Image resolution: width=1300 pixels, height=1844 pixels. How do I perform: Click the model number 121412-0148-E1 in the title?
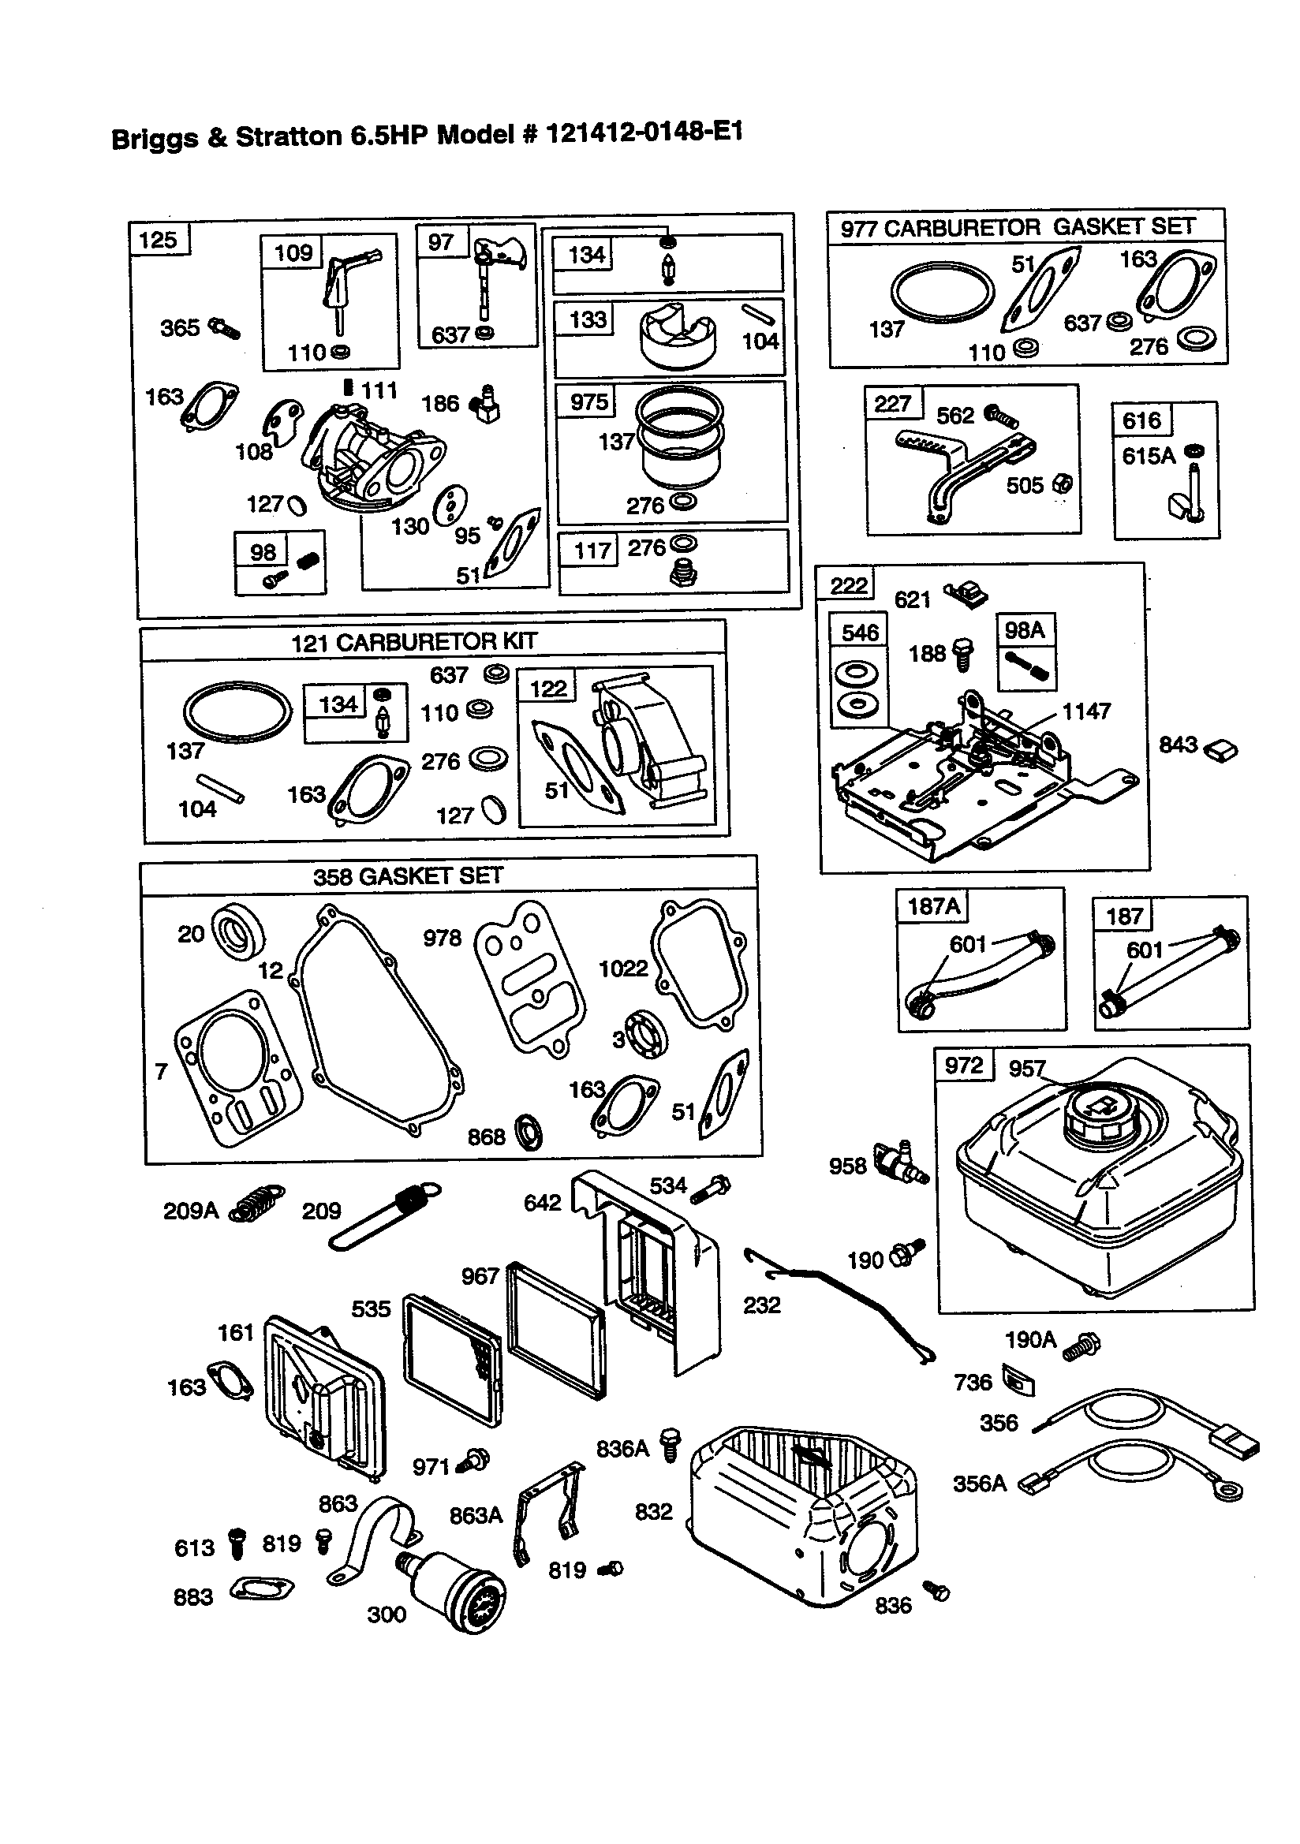pyautogui.click(x=644, y=132)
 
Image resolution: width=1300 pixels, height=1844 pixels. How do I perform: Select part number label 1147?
pyautogui.click(x=1086, y=711)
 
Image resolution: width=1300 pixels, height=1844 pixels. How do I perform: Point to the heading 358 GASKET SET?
pyautogui.click(x=407, y=875)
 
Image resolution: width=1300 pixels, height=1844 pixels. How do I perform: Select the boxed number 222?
pyautogui.click(x=849, y=584)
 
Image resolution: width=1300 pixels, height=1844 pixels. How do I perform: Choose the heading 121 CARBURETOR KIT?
pyautogui.click(x=413, y=642)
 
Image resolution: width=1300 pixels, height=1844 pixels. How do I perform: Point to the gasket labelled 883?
pyautogui.click(x=262, y=1589)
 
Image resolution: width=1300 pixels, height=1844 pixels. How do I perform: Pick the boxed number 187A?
pyautogui.click(x=933, y=907)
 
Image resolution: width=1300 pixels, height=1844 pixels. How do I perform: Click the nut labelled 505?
pyautogui.click(x=1063, y=483)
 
